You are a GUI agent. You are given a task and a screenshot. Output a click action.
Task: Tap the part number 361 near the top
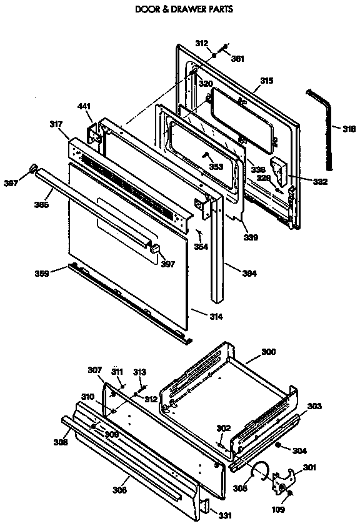pos(237,59)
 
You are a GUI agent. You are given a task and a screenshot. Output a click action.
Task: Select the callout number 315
pos(267,81)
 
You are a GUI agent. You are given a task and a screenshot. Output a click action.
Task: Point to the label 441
pos(84,107)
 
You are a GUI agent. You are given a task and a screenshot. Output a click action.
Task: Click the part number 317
pos(56,125)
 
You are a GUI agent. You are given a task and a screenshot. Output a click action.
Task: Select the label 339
pos(251,237)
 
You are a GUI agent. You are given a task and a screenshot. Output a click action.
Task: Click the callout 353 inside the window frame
pos(216,167)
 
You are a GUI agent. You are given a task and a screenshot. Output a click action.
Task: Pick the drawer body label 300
pos(267,352)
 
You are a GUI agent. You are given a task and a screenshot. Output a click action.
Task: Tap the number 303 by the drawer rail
pos(314,407)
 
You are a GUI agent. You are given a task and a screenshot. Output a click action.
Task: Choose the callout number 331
pos(226,515)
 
